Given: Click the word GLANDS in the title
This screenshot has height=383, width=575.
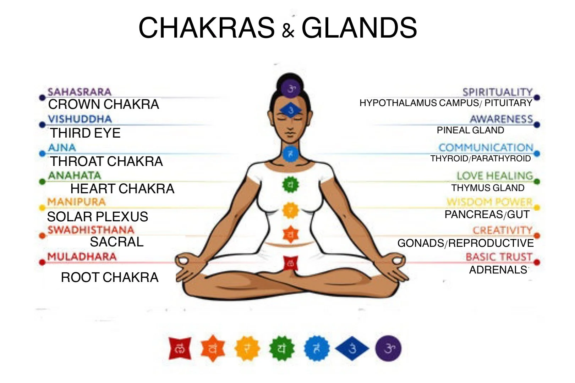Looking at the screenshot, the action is (359, 28).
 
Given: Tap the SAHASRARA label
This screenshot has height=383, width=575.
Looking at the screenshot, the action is (80, 92).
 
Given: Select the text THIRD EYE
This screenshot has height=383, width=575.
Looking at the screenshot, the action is (85, 133).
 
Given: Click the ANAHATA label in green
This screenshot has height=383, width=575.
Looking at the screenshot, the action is (75, 176).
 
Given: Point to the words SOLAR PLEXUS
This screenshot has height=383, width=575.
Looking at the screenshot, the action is (98, 217).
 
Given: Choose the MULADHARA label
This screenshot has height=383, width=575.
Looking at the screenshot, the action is (82, 256).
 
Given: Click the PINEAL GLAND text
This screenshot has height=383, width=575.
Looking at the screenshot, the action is (470, 130).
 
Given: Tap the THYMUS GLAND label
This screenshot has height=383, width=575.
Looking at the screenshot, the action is (488, 188).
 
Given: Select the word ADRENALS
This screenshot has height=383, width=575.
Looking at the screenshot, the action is (498, 270).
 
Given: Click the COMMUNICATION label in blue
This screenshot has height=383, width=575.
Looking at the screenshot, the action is (486, 148).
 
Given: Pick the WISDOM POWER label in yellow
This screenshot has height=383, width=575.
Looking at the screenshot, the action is (489, 202).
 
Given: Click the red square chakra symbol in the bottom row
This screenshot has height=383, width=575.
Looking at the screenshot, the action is (180, 349).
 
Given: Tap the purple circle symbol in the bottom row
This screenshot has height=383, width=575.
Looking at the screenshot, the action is (388, 349).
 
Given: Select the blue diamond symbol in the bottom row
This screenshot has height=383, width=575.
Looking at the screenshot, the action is (352, 349).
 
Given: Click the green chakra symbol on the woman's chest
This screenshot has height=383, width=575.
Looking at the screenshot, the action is (290, 184).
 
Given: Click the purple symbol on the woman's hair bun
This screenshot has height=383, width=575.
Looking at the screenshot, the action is (291, 88).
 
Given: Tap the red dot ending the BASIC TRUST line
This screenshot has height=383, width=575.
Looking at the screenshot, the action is (537, 262).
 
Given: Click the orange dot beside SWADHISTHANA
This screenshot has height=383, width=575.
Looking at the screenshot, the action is (42, 235).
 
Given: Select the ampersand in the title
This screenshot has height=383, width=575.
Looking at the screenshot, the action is (288, 30).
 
